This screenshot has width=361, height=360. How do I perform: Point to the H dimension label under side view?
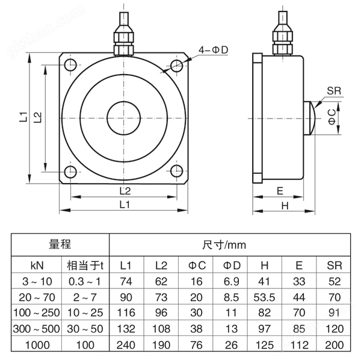tap(285, 205)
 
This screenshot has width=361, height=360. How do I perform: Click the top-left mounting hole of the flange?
tap(71, 64)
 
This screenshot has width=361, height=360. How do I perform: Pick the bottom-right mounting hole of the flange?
tap(177, 172)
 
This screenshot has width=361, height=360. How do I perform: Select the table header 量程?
tap(60, 245)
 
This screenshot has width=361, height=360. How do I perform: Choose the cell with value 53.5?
tap(265, 297)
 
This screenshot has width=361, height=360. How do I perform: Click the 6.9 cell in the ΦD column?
tap(231, 281)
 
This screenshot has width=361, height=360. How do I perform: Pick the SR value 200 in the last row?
tap(334, 344)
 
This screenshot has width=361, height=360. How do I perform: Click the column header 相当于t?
tap(85, 265)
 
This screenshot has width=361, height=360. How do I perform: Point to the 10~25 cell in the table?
tap(85, 313)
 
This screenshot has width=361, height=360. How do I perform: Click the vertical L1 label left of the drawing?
tap(22, 117)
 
